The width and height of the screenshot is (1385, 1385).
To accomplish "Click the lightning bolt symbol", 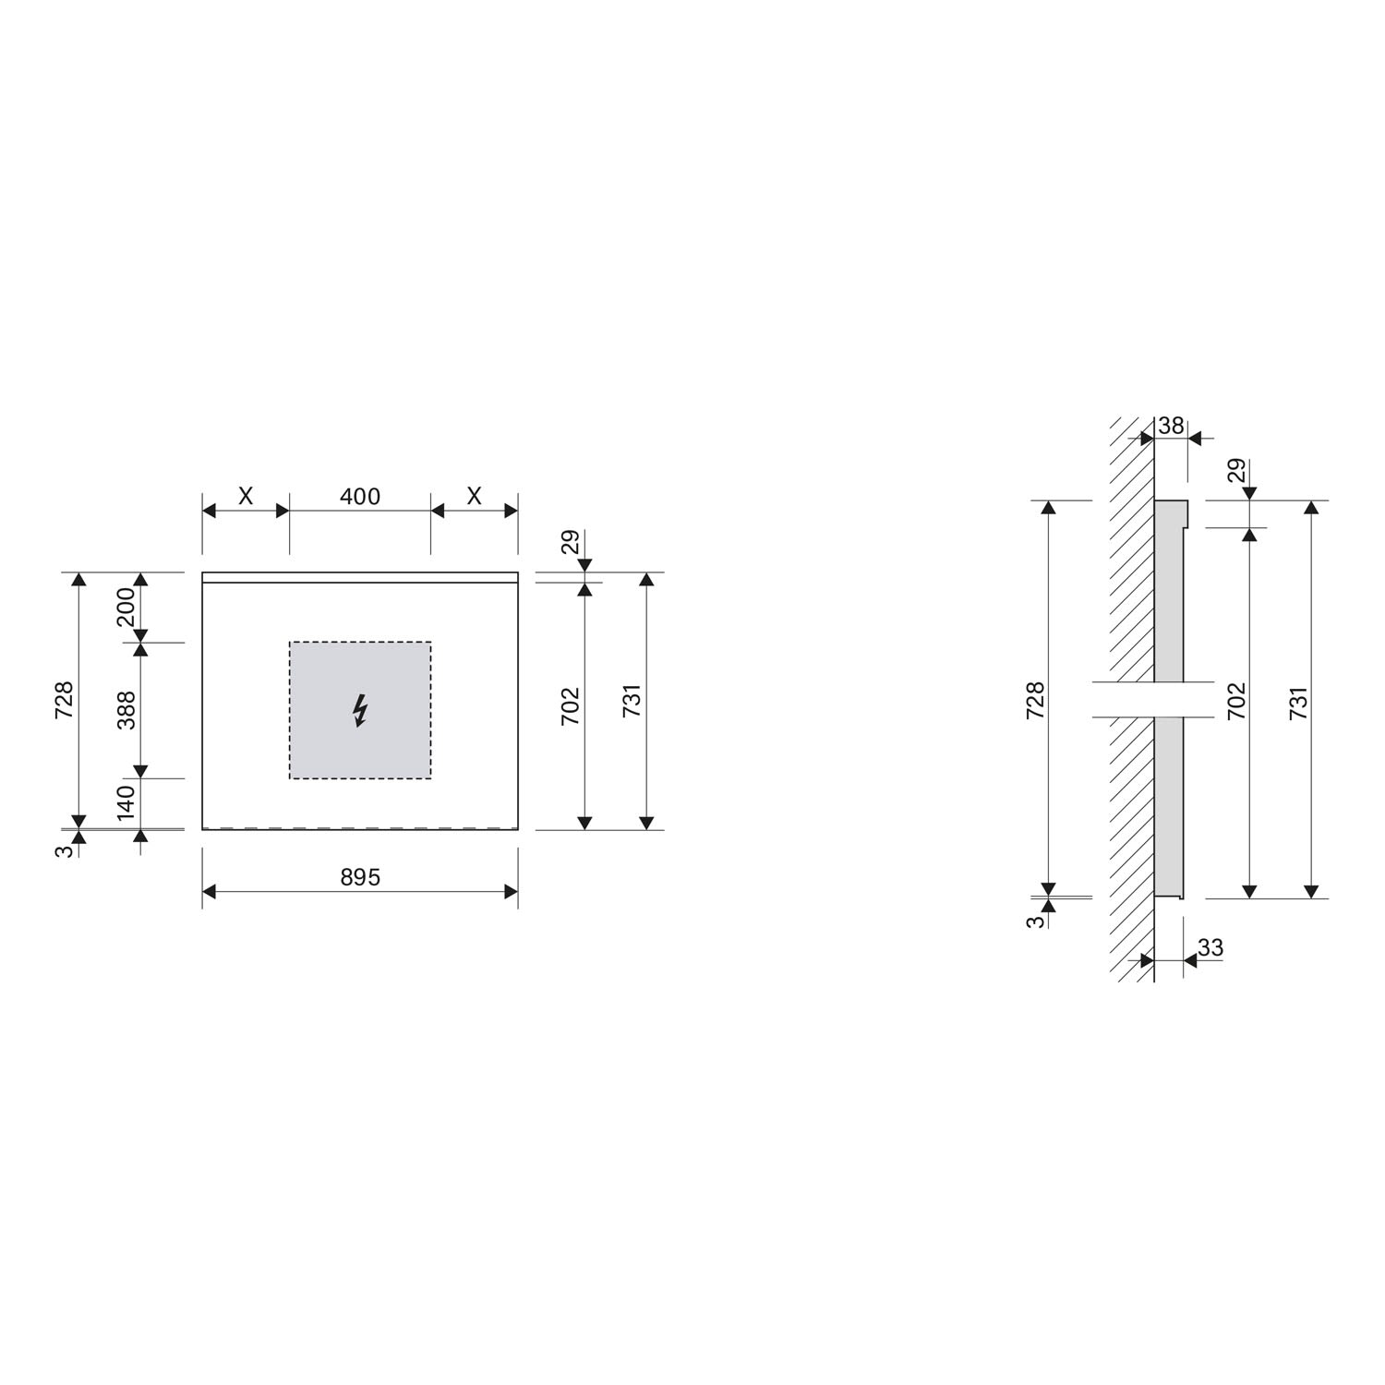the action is pos(360,711).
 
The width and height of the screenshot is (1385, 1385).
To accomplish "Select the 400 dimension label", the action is pos(360,497).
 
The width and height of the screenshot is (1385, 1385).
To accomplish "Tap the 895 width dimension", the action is pos(360,877).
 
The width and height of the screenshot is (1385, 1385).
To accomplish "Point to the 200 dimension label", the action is pos(126,607).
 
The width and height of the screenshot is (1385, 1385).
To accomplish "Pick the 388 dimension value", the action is pos(126,710).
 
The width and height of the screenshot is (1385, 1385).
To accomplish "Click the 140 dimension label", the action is pos(126,800).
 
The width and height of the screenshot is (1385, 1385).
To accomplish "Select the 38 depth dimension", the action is pos(1171,426).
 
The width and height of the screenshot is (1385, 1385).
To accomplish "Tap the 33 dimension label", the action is pos(1210,947).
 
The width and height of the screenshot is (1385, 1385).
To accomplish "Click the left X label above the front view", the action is pos(246,497).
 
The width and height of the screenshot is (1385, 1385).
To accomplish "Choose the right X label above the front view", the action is pos(474,497).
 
